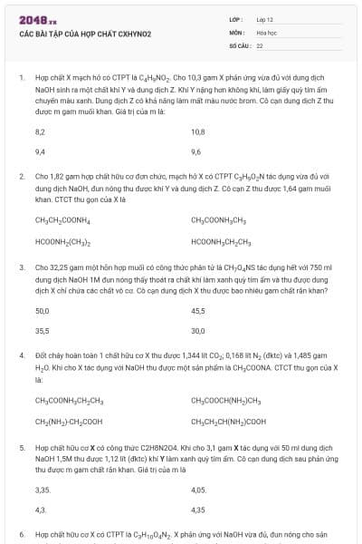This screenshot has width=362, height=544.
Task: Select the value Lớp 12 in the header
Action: [264, 19]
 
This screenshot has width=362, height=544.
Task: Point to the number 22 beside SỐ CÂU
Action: [260, 44]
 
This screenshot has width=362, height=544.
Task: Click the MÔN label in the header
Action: [236, 31]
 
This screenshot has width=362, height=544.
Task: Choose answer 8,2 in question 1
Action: [40, 131]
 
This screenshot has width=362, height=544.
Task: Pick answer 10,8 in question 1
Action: [198, 131]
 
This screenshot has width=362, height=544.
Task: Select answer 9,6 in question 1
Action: [196, 151]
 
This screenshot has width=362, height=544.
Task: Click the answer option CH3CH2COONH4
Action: [62, 220]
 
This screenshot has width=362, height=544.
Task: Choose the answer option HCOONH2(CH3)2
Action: [62, 241]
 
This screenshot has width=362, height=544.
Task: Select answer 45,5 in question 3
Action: [198, 310]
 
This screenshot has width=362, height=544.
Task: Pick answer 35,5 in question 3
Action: [42, 331]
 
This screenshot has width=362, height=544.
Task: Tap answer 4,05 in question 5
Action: [199, 490]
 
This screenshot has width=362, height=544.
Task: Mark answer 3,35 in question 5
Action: [42, 490]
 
